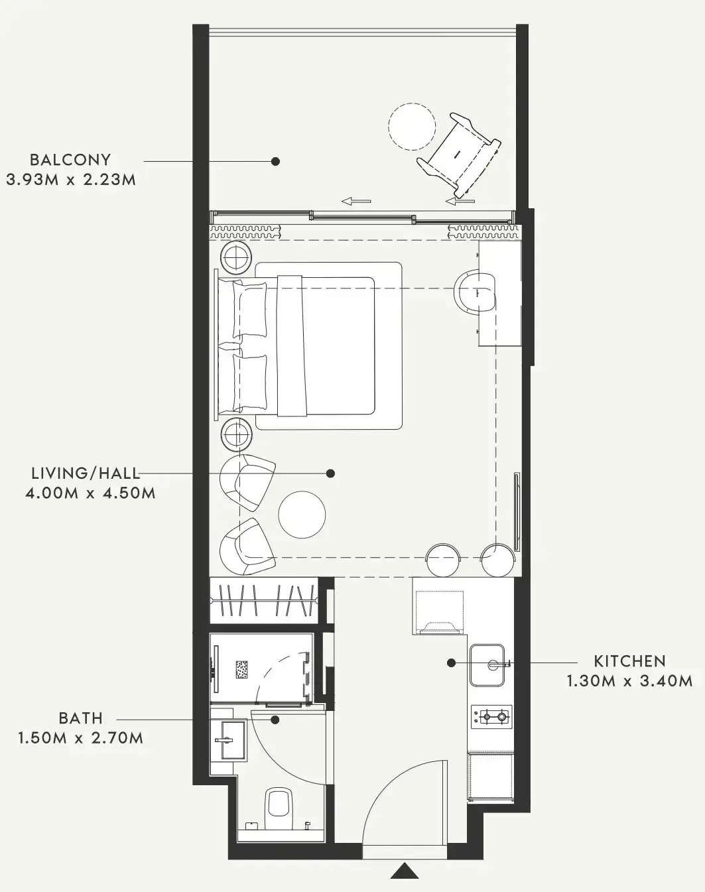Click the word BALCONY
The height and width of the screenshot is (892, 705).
tap(70, 160)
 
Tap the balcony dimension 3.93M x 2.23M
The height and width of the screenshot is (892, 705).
tap(71, 180)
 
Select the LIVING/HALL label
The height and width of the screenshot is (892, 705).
tap(86, 473)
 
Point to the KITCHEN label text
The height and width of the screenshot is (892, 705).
tap(629, 661)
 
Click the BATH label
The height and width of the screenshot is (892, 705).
tap(81, 718)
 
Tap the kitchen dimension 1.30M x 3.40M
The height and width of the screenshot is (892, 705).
tap(629, 682)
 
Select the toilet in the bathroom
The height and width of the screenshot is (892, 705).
tap(280, 809)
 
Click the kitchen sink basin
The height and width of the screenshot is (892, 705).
tap(487, 665)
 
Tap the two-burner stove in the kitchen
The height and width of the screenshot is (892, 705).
tap(491, 716)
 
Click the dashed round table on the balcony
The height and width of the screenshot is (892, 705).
tap(412, 126)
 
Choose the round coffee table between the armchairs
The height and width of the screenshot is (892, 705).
tap(302, 515)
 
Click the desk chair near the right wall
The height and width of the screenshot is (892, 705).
tap(475, 292)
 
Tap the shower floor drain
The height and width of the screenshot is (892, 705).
tap(241, 669)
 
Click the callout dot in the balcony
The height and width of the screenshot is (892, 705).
tap(275, 161)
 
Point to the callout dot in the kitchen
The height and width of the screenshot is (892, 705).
tap(452, 663)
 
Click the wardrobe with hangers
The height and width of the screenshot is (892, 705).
tap(263, 600)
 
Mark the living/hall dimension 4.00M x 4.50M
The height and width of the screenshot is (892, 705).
tap(90, 493)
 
